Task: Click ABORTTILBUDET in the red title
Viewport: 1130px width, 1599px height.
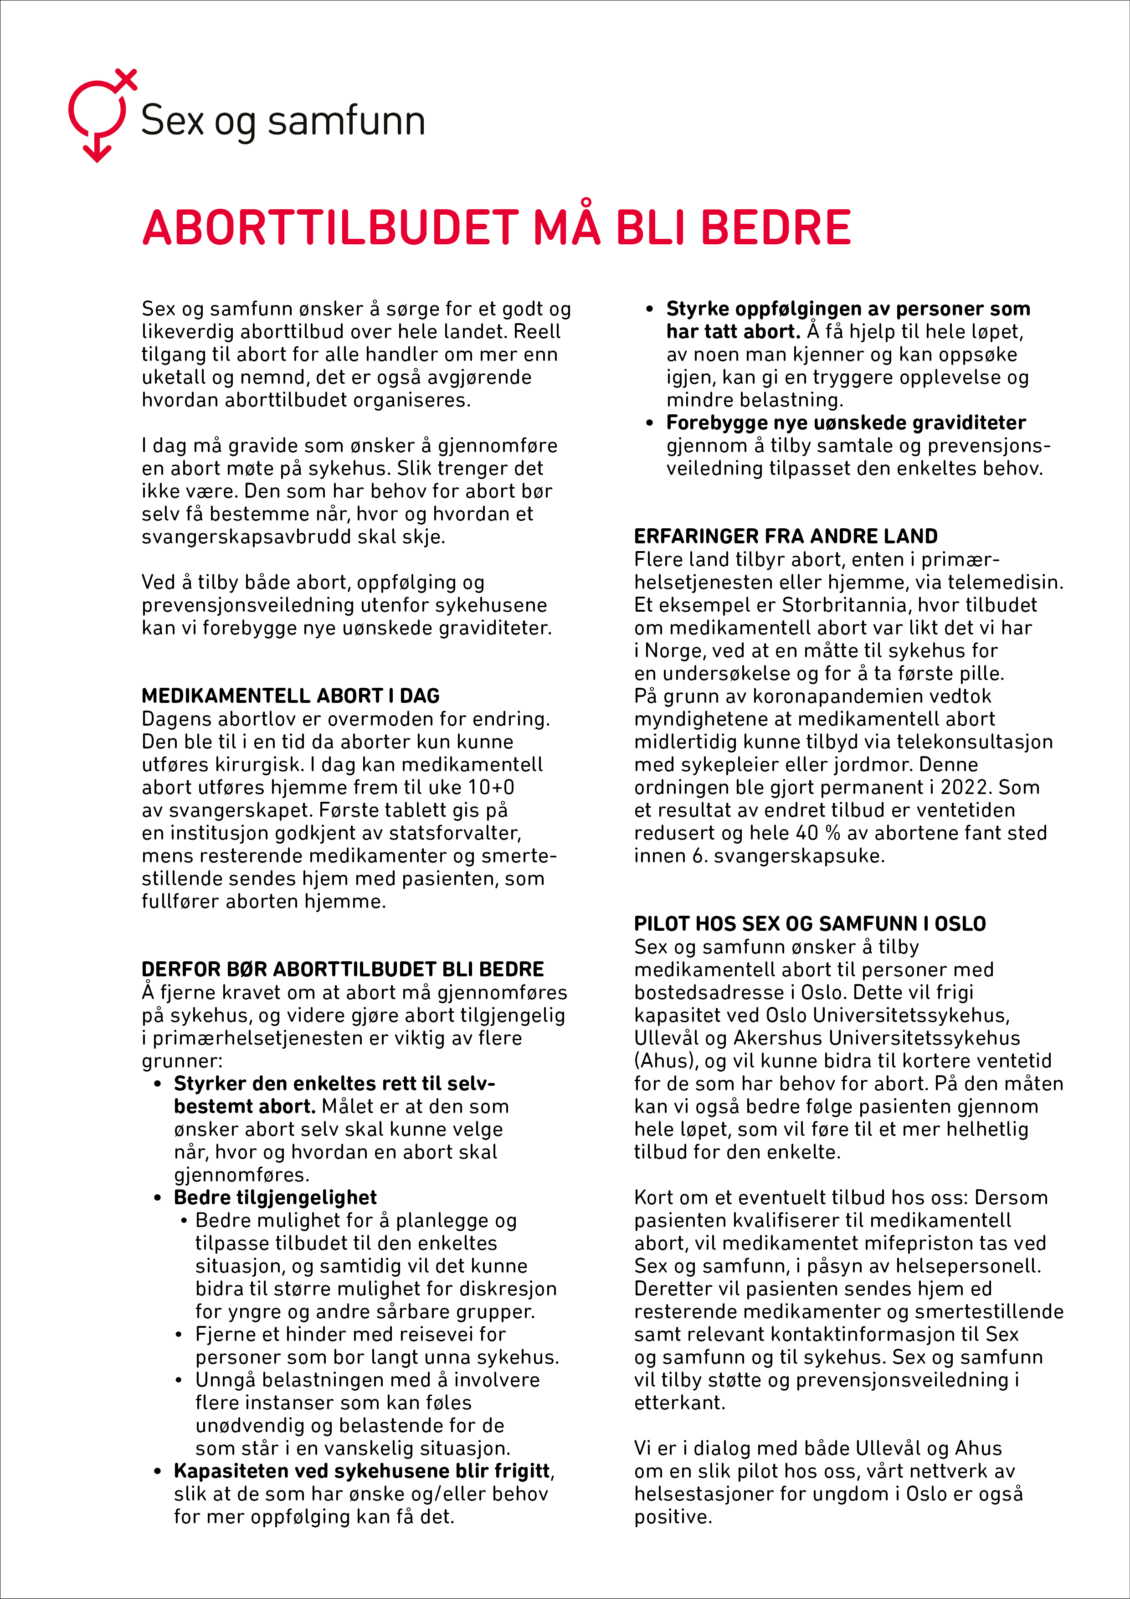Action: tap(331, 228)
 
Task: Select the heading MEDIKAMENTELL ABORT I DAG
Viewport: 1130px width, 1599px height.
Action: tap(290, 696)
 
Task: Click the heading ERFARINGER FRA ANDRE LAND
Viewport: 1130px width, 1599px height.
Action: tap(786, 536)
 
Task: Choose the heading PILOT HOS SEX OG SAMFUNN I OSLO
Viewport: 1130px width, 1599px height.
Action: tap(809, 924)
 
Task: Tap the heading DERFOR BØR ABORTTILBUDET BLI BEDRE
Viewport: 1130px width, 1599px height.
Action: tap(343, 970)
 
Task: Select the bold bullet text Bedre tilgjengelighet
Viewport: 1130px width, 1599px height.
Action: tap(275, 1198)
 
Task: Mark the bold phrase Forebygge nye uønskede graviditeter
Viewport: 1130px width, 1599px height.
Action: tap(846, 423)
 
